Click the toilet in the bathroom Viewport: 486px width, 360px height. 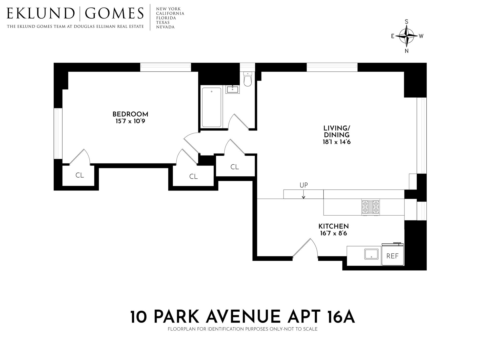(247, 79)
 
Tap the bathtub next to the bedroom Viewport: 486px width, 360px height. (211, 107)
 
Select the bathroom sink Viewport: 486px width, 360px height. (232, 90)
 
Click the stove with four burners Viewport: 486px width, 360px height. (371, 207)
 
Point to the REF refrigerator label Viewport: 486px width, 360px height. (392, 256)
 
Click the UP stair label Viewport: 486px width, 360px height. (304, 185)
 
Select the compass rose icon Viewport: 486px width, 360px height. (407, 36)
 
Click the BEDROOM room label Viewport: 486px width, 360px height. (130, 114)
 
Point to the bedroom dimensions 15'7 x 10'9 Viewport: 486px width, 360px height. (130, 121)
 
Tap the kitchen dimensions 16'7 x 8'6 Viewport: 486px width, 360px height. (333, 233)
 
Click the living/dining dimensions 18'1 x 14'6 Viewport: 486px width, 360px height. (336, 142)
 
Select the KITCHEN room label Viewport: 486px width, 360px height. (333, 226)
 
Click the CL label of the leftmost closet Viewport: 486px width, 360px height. (80, 175)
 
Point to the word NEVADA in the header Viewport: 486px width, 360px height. (165, 27)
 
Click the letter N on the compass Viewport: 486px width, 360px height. (407, 51)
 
